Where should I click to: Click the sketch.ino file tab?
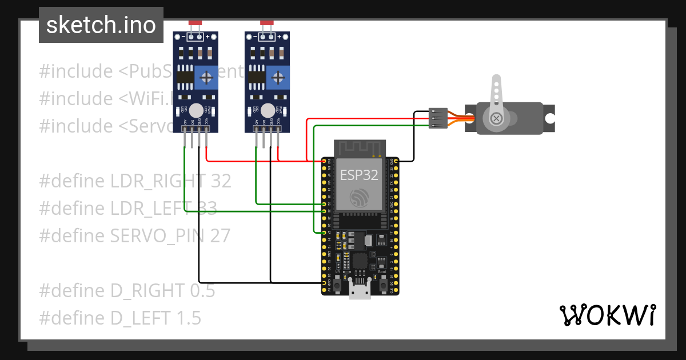tap(101, 25)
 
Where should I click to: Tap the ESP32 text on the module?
tap(359, 175)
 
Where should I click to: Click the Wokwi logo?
tap(607, 315)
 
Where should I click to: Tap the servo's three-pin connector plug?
tap(437, 118)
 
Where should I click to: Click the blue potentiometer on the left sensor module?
tap(206, 77)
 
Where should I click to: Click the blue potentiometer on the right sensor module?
tap(277, 77)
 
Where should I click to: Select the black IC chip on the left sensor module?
tap(184, 77)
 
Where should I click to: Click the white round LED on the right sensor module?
tap(267, 110)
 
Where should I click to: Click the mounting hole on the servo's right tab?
tap(549, 118)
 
